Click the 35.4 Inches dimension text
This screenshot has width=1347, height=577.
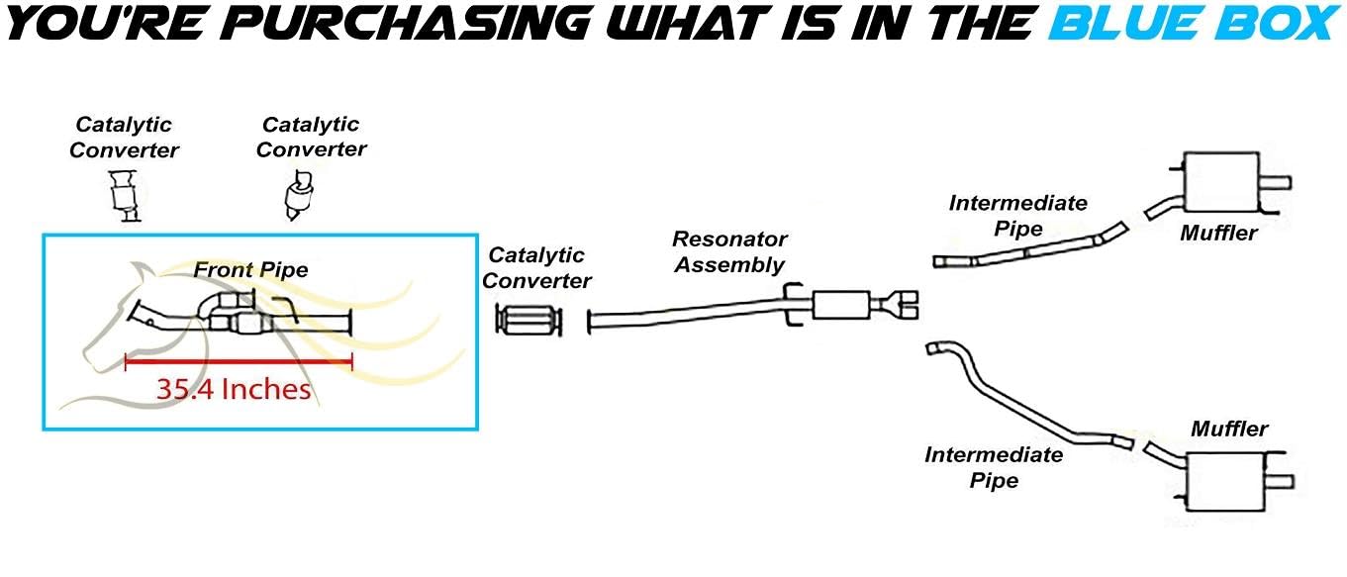(234, 389)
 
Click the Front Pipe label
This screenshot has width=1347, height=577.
(250, 269)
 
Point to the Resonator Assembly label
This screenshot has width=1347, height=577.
(729, 251)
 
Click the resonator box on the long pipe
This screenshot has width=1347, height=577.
(840, 305)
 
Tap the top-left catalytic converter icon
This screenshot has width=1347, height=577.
(123, 194)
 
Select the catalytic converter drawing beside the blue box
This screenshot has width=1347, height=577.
(530, 321)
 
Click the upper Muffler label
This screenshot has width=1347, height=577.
(1218, 234)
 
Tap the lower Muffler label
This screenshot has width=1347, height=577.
(1229, 430)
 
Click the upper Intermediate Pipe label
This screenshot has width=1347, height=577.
(1017, 216)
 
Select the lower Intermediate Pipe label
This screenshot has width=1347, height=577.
(994, 467)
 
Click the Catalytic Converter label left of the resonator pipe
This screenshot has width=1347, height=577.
(535, 268)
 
